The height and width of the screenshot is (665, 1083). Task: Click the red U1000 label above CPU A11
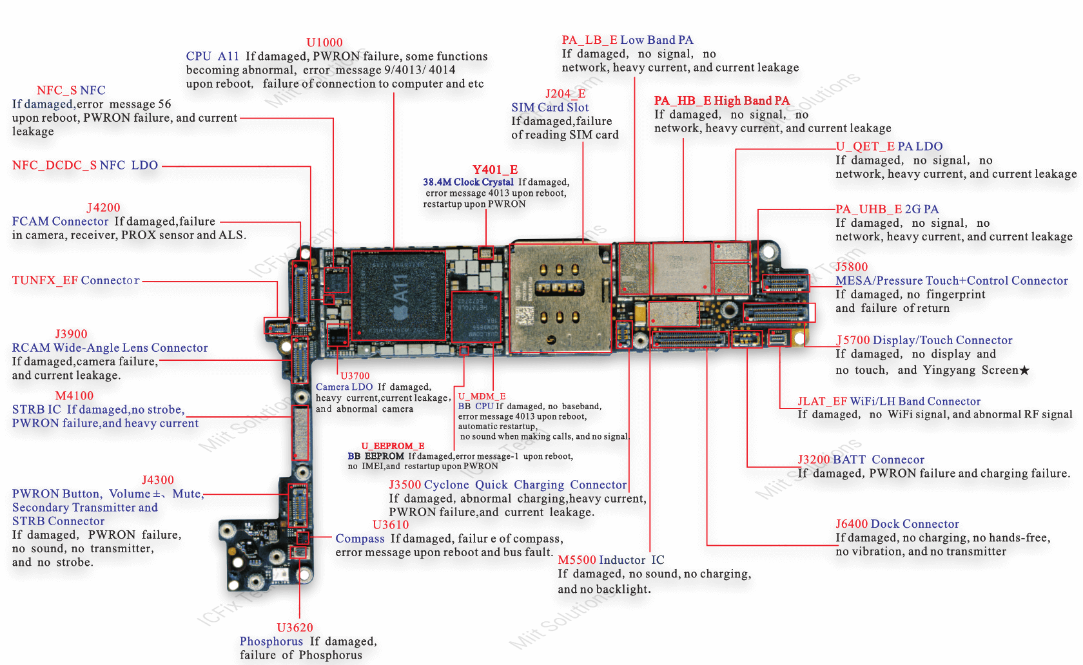coord(324,43)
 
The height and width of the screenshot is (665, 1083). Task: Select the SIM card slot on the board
coord(560,298)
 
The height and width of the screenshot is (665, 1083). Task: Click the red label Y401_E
coord(495,169)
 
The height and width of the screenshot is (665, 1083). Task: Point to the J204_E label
coord(565,93)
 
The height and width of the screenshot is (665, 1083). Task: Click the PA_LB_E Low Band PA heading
coord(627,40)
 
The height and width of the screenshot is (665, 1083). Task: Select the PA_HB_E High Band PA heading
coord(721,101)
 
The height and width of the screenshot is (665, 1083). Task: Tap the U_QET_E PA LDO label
coord(889,146)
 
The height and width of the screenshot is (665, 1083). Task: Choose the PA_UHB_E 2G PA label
coord(887,209)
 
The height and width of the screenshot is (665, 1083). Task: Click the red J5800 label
coord(852,267)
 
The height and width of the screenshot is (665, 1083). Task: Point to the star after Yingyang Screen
coord(1024,370)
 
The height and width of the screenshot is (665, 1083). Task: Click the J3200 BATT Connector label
coord(861,459)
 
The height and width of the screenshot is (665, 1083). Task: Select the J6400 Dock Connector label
coord(897,524)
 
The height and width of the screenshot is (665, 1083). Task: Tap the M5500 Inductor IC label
coord(610,560)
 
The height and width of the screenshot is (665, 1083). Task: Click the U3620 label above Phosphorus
coord(295,628)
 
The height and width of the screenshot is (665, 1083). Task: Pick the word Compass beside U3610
coord(360,539)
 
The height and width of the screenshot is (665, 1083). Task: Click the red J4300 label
coord(158,480)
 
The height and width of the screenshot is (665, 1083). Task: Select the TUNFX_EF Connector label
coord(76,280)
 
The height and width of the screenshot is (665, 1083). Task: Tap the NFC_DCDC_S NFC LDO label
coord(85,165)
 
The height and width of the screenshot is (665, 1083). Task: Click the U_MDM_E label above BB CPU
coord(482,396)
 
